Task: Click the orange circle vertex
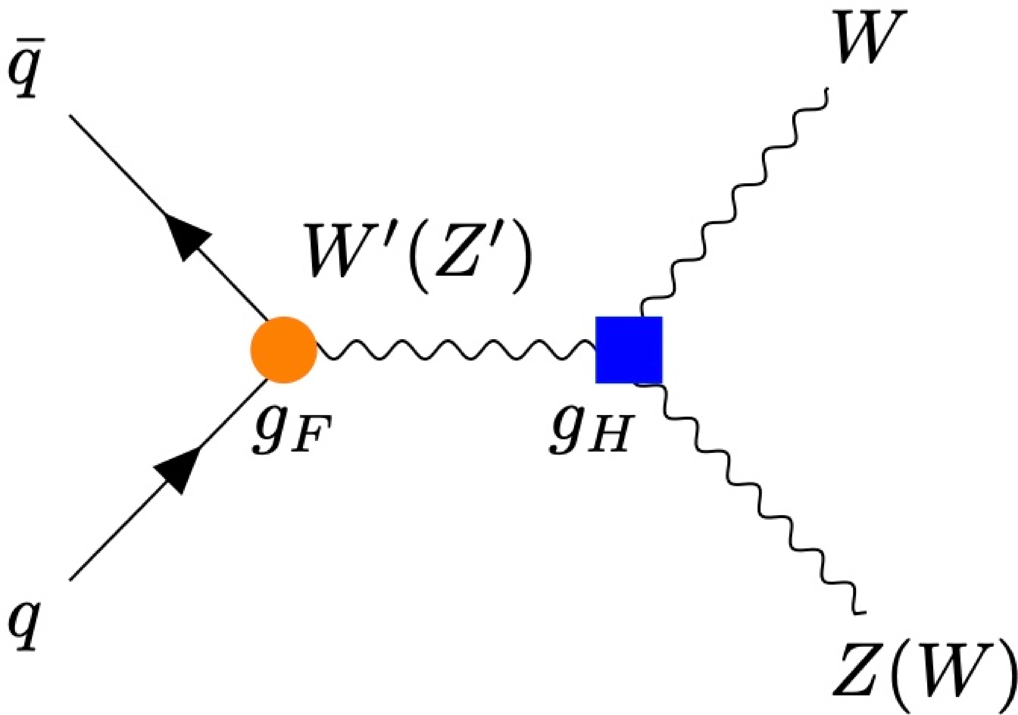284,350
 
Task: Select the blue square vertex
629,350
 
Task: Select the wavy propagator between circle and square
457,350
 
